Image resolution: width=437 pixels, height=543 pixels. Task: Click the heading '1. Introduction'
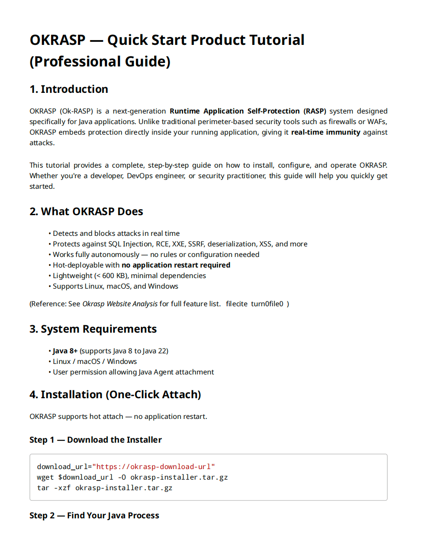pos(69,89)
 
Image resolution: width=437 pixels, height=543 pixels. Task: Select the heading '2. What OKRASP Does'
pos(86,212)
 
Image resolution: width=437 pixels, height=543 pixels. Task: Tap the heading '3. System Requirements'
pos(93,329)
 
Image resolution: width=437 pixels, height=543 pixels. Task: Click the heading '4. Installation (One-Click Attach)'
pos(115,395)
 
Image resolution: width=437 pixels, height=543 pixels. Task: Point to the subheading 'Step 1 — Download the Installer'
pos(96,440)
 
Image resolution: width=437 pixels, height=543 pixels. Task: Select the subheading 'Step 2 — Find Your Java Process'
pos(94,516)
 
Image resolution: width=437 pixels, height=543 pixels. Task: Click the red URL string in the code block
pos(153,467)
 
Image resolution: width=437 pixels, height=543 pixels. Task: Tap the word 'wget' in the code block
pos(45,477)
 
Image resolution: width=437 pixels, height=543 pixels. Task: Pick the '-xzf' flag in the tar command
pos(62,488)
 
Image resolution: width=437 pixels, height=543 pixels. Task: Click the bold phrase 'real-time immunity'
pos(326,132)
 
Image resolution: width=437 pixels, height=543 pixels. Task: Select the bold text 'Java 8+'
pos(65,351)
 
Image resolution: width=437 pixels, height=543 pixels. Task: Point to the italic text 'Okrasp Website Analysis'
pos(120,304)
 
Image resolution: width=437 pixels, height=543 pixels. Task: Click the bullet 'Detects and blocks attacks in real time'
pos(116,234)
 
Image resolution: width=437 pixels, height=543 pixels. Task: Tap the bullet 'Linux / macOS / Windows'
pos(95,362)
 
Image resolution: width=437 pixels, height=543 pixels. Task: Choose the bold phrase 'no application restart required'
pos(176,265)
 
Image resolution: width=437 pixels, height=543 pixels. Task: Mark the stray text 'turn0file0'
pos(267,304)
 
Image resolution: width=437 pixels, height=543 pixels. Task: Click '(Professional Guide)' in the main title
pos(100,62)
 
